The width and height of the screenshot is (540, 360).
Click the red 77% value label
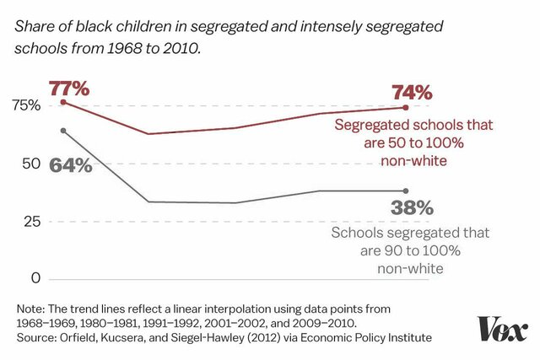69,89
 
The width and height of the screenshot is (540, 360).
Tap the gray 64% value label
70,164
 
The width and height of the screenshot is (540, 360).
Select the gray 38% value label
412,207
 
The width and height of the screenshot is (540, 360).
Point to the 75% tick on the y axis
25,105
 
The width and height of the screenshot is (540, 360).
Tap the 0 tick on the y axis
35,278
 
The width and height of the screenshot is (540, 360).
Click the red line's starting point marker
63,102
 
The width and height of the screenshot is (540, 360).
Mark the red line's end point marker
406,107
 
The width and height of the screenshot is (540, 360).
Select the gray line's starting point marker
63,131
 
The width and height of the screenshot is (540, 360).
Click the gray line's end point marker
406,191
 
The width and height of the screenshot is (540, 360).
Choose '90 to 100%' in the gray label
428,250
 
